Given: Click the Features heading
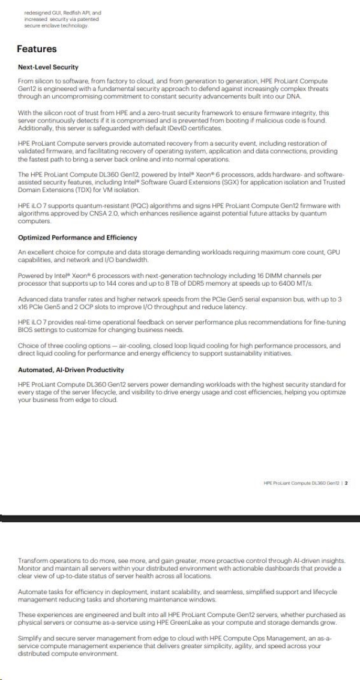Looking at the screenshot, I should (x=37, y=49).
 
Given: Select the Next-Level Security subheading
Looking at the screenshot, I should (x=48, y=67).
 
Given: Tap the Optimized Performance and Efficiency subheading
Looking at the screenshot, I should (x=77, y=238).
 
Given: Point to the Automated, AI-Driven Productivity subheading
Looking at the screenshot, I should (x=71, y=370).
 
